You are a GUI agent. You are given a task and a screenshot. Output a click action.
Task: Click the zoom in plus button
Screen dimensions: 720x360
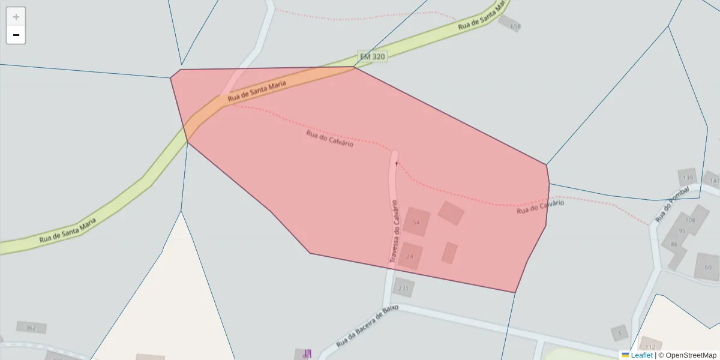16,17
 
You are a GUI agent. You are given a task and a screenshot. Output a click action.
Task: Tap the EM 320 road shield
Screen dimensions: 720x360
372,56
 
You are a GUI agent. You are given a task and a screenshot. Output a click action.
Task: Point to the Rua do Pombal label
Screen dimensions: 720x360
665,208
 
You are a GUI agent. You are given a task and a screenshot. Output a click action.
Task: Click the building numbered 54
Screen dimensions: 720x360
416,222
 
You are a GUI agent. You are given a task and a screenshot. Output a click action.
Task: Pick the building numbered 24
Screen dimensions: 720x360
410,256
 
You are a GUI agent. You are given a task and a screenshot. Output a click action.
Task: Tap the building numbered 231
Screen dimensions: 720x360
403,288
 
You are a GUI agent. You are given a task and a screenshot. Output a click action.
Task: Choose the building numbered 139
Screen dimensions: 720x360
688,178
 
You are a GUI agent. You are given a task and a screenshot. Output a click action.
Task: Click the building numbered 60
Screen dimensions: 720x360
708,267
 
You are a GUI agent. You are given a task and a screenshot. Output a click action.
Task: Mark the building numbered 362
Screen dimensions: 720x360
31,328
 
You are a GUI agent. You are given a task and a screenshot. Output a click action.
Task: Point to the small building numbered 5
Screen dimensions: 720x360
620,332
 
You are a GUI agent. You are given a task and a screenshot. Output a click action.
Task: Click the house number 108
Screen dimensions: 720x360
691,220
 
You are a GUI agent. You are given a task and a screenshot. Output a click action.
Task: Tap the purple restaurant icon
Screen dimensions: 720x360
307,353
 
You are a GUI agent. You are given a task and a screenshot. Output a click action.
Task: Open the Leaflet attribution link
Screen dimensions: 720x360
641,355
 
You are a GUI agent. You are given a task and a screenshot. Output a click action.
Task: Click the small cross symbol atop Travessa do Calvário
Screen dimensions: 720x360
397,163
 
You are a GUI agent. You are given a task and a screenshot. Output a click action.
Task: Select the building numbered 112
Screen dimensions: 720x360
650,346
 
